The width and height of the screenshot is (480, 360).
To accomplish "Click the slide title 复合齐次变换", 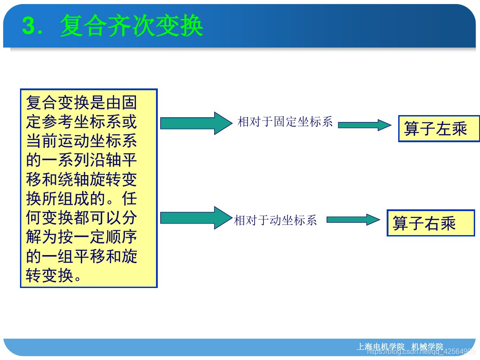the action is coord(132,26).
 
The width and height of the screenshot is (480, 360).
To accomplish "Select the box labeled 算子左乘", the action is coord(438,129).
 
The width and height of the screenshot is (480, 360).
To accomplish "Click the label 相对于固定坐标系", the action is coord(285,122).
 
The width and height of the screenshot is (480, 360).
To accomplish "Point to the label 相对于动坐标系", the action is coord(276,220).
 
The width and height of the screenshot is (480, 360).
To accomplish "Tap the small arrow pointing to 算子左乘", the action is coord(364,125).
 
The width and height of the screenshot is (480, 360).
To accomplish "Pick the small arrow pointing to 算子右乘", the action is coord(353,220).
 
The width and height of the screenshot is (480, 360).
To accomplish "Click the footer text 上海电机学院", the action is coord(381,347).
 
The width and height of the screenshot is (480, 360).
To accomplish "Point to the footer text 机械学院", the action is coord(427,347).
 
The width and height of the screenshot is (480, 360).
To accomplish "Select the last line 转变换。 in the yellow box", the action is coord(54,276).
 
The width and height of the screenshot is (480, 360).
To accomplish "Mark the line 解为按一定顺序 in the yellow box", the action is coord(81,237).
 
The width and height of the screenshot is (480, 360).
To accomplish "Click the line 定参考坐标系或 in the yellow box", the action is coord(81,122).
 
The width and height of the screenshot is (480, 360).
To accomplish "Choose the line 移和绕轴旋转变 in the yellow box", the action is coord(81,180).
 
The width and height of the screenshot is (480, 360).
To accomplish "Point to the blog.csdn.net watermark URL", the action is coord(422,352).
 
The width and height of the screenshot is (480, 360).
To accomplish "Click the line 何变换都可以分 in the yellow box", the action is coord(81,218).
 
